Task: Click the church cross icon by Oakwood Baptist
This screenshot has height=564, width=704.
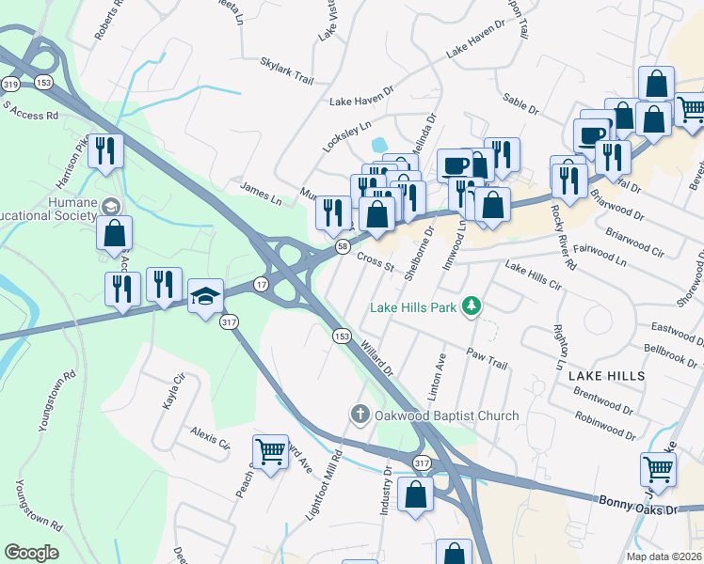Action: pyautogui.click(x=360, y=414)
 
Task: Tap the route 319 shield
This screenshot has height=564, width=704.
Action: pyautogui.click(x=10, y=84)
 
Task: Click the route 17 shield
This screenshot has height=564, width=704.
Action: pyautogui.click(x=261, y=284)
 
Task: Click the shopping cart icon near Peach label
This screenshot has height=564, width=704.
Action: pyautogui.click(x=270, y=452)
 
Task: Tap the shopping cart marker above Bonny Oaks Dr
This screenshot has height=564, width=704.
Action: pyautogui.click(x=658, y=468)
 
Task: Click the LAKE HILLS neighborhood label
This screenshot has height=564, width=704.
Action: pyautogui.click(x=607, y=375)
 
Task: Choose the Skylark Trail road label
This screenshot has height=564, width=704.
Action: pyautogui.click(x=286, y=70)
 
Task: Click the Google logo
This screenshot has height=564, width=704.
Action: pyautogui.click(x=31, y=553)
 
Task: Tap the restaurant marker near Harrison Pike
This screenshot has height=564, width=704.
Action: pyautogui.click(x=106, y=150)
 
